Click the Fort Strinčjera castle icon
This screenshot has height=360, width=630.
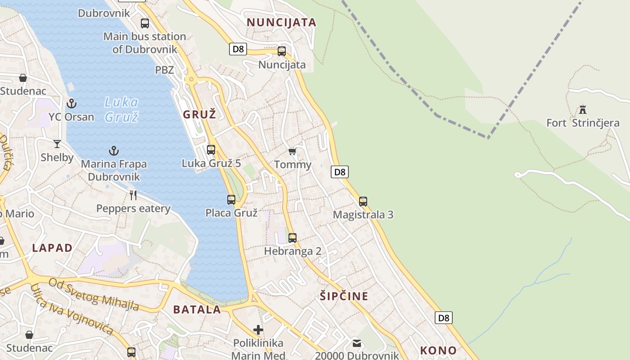pyautogui.click(x=583, y=109)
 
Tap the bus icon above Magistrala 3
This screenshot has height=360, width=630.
pyautogui.click(x=363, y=202)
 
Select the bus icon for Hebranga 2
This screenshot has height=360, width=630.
pyautogui.click(x=292, y=238)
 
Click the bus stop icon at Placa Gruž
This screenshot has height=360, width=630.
pyautogui.click(x=231, y=200)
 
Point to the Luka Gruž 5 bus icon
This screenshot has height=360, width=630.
pyautogui.click(x=211, y=150)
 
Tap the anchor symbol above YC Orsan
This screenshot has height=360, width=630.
pyautogui.click(x=72, y=104)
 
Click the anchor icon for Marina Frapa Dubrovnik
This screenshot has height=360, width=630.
pyautogui.click(x=114, y=151)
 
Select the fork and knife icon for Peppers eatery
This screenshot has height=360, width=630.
pyautogui.click(x=133, y=195)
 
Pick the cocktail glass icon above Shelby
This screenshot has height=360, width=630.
pyautogui.click(x=57, y=144)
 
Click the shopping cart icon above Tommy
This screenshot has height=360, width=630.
pyautogui.click(x=292, y=152)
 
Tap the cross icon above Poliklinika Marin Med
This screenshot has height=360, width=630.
pyautogui.click(x=258, y=330)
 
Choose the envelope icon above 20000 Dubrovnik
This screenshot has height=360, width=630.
pyautogui.click(x=357, y=343)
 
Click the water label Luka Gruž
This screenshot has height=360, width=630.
pyautogui.click(x=121, y=109)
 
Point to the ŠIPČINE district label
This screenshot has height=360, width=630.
pyautogui.click(x=344, y=296)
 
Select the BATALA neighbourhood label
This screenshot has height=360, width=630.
pyautogui.click(x=197, y=310)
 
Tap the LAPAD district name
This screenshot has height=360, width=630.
pyautogui.click(x=52, y=247)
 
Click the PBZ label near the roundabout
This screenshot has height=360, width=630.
pyautogui.click(x=164, y=70)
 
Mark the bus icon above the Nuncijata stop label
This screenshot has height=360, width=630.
pyautogui.click(x=282, y=51)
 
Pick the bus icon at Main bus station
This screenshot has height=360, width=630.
pyautogui.click(x=145, y=23)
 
